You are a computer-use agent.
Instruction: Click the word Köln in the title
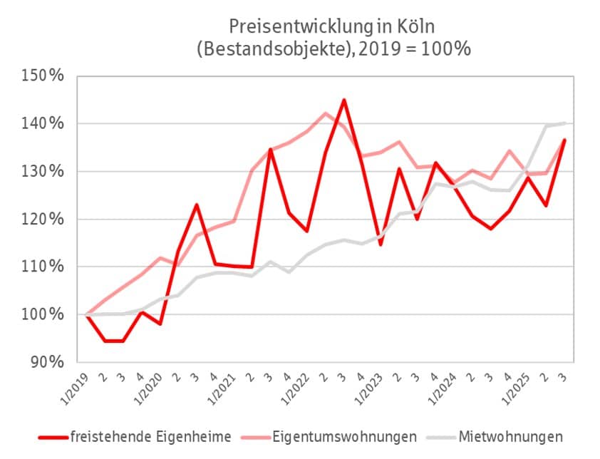(x=414, y=27)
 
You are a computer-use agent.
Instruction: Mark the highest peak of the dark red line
(x=344, y=100)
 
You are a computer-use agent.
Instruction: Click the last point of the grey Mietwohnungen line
(x=566, y=123)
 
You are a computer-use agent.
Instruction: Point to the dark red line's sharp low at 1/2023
(x=381, y=245)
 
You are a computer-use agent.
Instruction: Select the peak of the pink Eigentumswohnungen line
(x=326, y=113)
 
